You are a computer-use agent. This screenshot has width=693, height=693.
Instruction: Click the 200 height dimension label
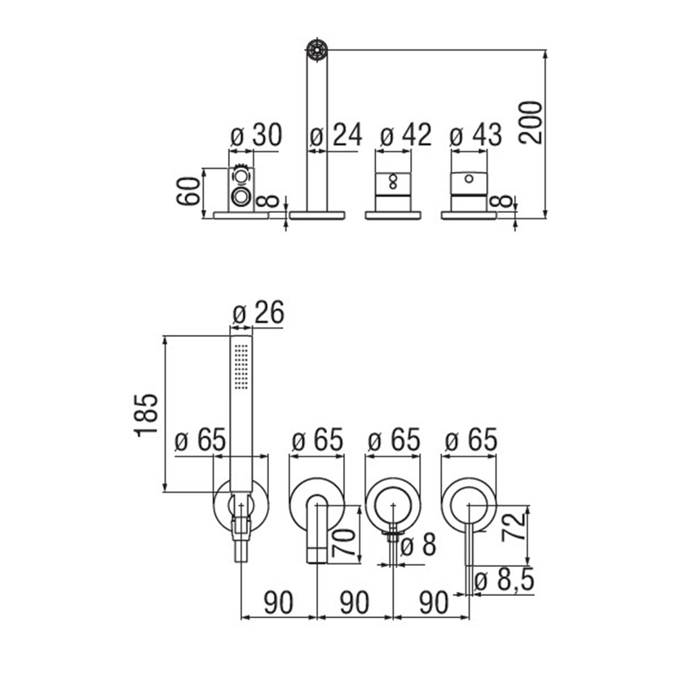[x=531, y=122]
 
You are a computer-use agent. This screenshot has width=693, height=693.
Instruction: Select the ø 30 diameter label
[x=256, y=135]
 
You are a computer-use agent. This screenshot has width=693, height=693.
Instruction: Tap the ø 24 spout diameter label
[x=336, y=135]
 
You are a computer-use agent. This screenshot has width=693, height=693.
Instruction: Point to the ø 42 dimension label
[x=406, y=135]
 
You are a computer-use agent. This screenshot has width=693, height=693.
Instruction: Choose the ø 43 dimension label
[x=475, y=135]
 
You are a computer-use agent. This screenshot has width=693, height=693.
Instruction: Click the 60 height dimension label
[x=188, y=191]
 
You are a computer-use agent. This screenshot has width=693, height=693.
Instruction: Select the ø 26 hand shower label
[x=258, y=313]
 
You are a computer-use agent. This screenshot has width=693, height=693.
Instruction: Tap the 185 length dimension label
[x=146, y=415]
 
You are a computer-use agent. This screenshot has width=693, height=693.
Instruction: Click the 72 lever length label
[x=514, y=526]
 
